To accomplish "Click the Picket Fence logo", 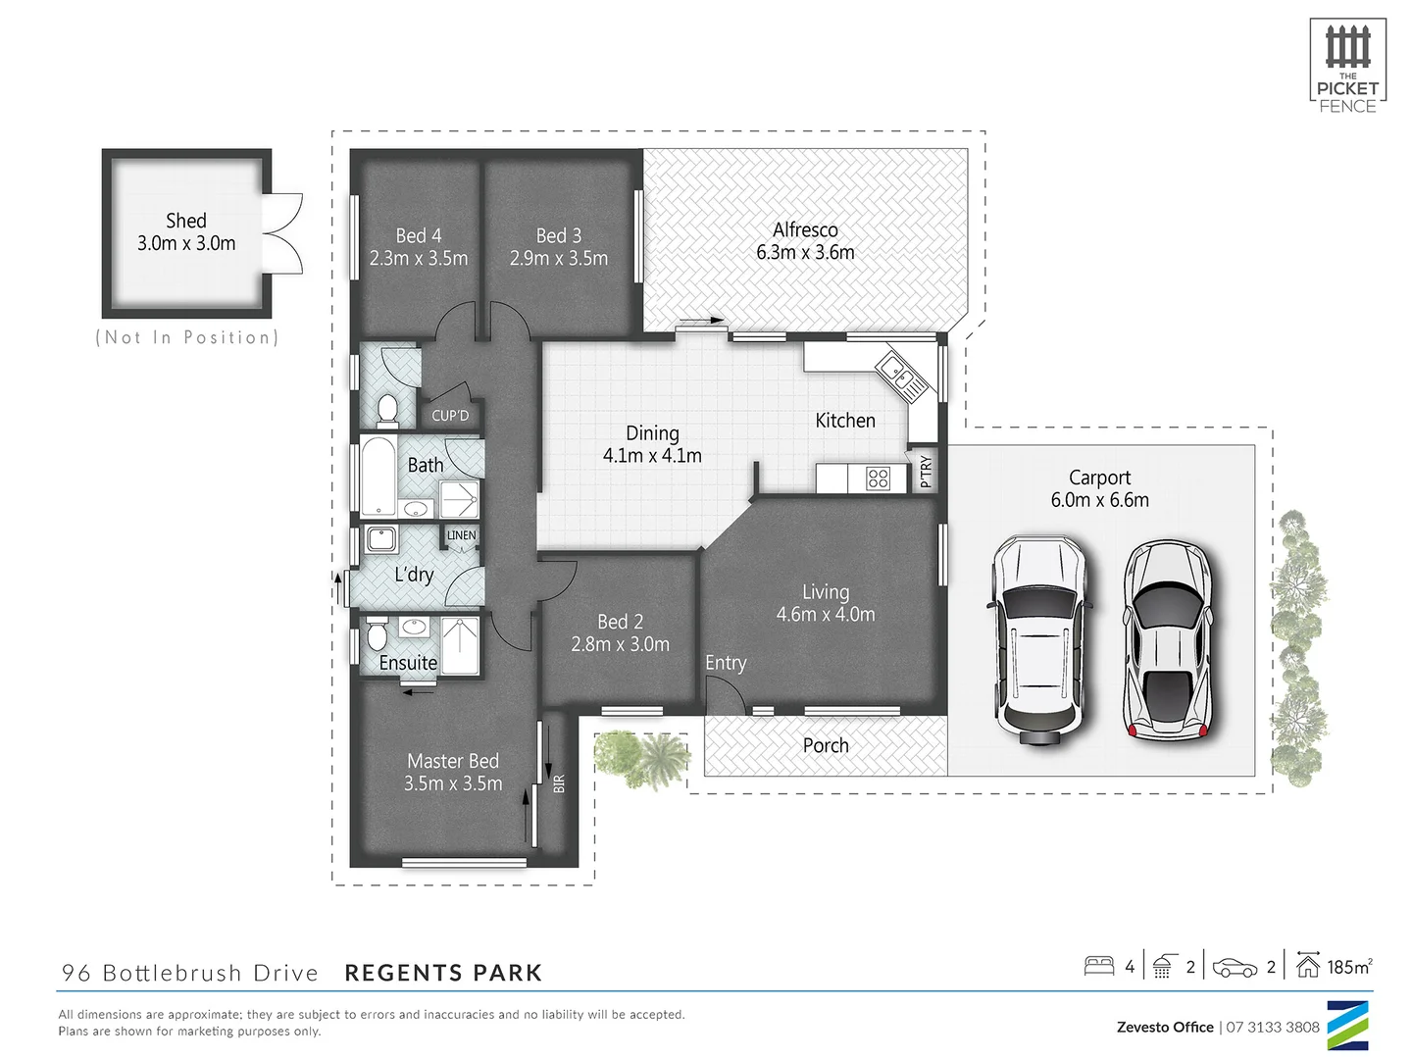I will click(1347, 66).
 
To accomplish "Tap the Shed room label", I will click(186, 221).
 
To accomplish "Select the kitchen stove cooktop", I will click(878, 479).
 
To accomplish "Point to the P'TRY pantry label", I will click(926, 472).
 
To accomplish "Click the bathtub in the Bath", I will click(378, 477).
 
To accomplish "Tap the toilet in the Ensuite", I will click(377, 635).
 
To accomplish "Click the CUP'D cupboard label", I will click(450, 416).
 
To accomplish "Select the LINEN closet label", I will click(461, 535).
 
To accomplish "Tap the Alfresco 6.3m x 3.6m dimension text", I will click(805, 252).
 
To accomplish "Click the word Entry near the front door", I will click(726, 663).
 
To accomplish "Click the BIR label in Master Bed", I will click(559, 783).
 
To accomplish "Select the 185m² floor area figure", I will click(1348, 967).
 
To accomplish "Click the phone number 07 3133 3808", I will click(1273, 1027).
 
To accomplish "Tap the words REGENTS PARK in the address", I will click(443, 973).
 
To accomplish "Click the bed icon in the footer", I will click(1099, 966).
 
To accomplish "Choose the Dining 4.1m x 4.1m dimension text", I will click(652, 456).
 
